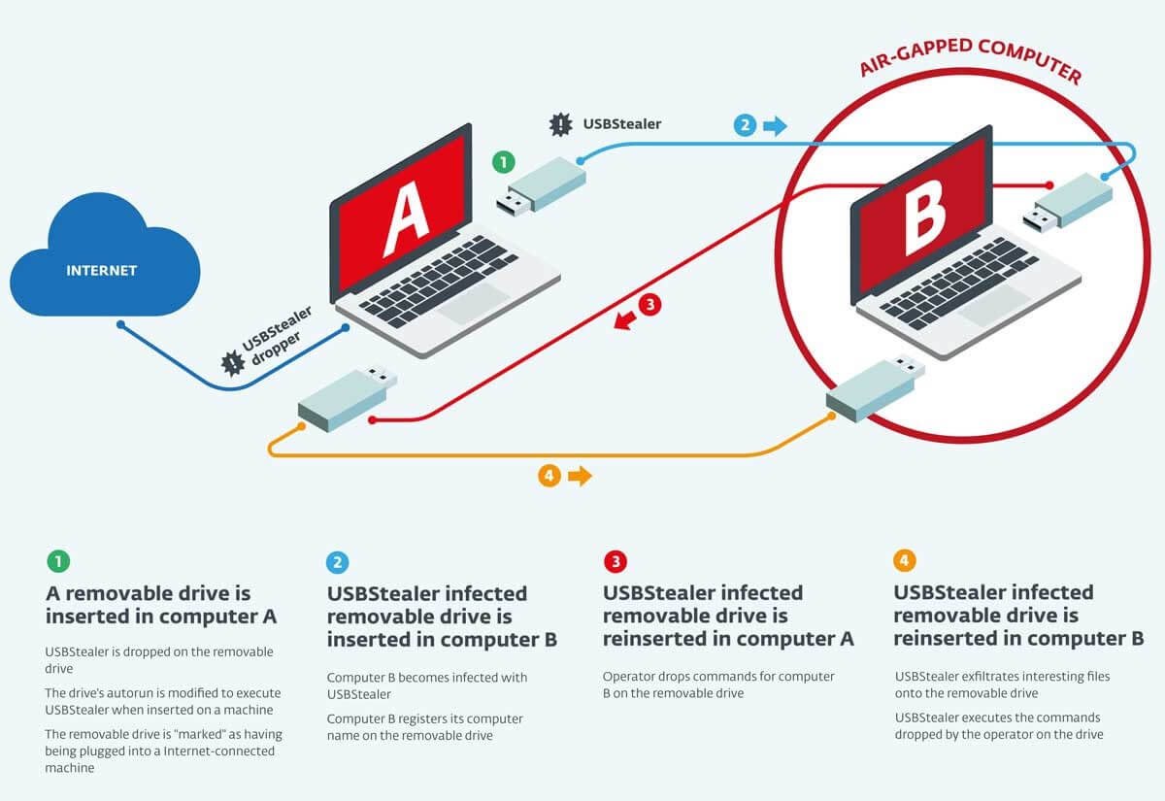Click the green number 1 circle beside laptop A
pyautogui.click(x=502, y=161)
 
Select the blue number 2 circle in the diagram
pyautogui.click(x=745, y=124)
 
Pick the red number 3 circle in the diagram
pyautogui.click(x=649, y=305)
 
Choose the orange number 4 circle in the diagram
pyautogui.click(x=549, y=476)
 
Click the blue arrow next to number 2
pyautogui.click(x=776, y=125)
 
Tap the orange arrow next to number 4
pyautogui.click(x=580, y=476)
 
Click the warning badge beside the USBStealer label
pyautogui.click(x=561, y=124)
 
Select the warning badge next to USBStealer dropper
pyautogui.click(x=232, y=363)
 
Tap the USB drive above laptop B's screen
pyautogui.click(x=1068, y=205)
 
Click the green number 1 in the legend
pyautogui.click(x=58, y=561)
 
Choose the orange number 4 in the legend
pyautogui.click(x=904, y=560)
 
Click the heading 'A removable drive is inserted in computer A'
pyautogui.click(x=161, y=604)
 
